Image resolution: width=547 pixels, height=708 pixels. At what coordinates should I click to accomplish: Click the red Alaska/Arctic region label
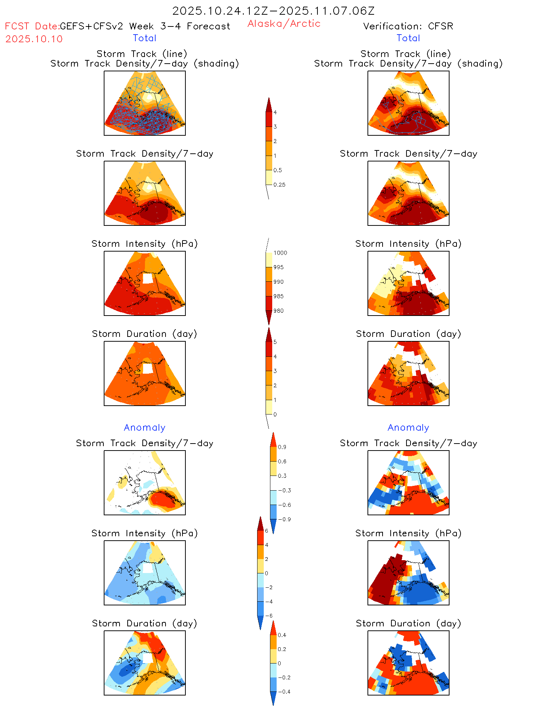click(284, 24)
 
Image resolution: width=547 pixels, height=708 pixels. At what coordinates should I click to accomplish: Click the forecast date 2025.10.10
click(34, 39)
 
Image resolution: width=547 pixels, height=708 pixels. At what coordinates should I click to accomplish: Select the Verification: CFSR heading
click(408, 26)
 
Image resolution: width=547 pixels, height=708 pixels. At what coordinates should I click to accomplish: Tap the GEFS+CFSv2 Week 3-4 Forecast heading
click(145, 26)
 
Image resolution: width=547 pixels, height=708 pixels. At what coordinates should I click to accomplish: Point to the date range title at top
click(273, 11)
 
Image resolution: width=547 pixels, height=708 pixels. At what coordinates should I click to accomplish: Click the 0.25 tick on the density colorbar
click(279, 185)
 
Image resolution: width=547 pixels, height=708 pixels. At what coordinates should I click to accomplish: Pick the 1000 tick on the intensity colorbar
click(280, 253)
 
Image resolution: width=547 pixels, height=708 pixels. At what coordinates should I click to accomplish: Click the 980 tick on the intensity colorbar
click(278, 311)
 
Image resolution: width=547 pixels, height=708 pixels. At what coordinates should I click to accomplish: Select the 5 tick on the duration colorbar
click(275, 342)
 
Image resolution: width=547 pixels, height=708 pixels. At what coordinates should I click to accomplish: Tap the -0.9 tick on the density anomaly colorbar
click(284, 519)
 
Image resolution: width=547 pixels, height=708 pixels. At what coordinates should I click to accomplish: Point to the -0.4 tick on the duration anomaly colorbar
click(284, 691)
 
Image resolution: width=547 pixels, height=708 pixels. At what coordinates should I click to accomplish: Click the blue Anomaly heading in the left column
click(145, 427)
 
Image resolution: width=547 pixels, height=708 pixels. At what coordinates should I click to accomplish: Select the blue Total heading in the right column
click(408, 38)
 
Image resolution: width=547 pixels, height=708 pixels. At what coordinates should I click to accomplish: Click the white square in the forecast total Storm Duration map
click(148, 368)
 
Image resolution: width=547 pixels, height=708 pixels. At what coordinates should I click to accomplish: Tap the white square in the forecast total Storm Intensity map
click(148, 278)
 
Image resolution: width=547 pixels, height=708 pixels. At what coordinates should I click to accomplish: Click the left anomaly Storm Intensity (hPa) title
click(145, 533)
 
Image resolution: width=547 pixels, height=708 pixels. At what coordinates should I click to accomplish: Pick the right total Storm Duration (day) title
click(408, 334)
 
